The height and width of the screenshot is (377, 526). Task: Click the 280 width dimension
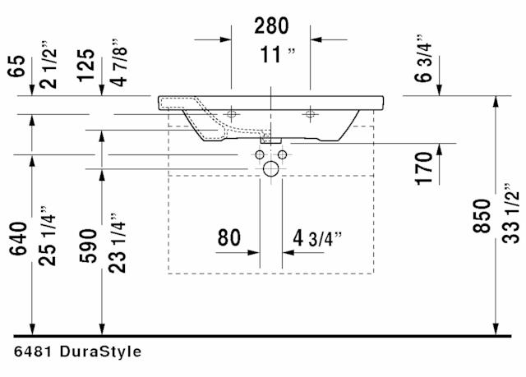[x=271, y=25]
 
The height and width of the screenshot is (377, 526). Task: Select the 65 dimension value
[x=16, y=66]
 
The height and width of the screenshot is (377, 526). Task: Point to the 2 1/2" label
[x=48, y=65]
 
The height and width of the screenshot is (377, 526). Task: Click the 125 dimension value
[x=85, y=66]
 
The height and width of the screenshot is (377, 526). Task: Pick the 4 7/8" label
[x=119, y=62]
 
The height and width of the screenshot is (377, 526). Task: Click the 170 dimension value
[x=424, y=168]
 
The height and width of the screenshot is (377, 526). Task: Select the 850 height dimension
[x=482, y=216]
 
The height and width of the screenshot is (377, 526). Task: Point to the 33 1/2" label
[x=510, y=214]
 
